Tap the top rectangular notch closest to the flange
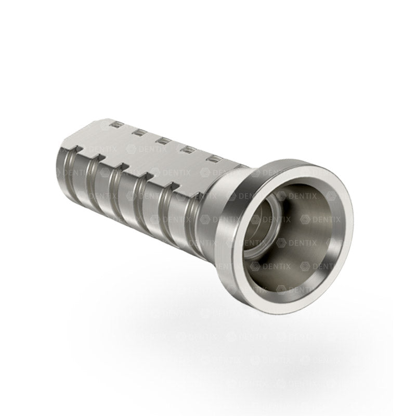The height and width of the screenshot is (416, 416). pos(212,157)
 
